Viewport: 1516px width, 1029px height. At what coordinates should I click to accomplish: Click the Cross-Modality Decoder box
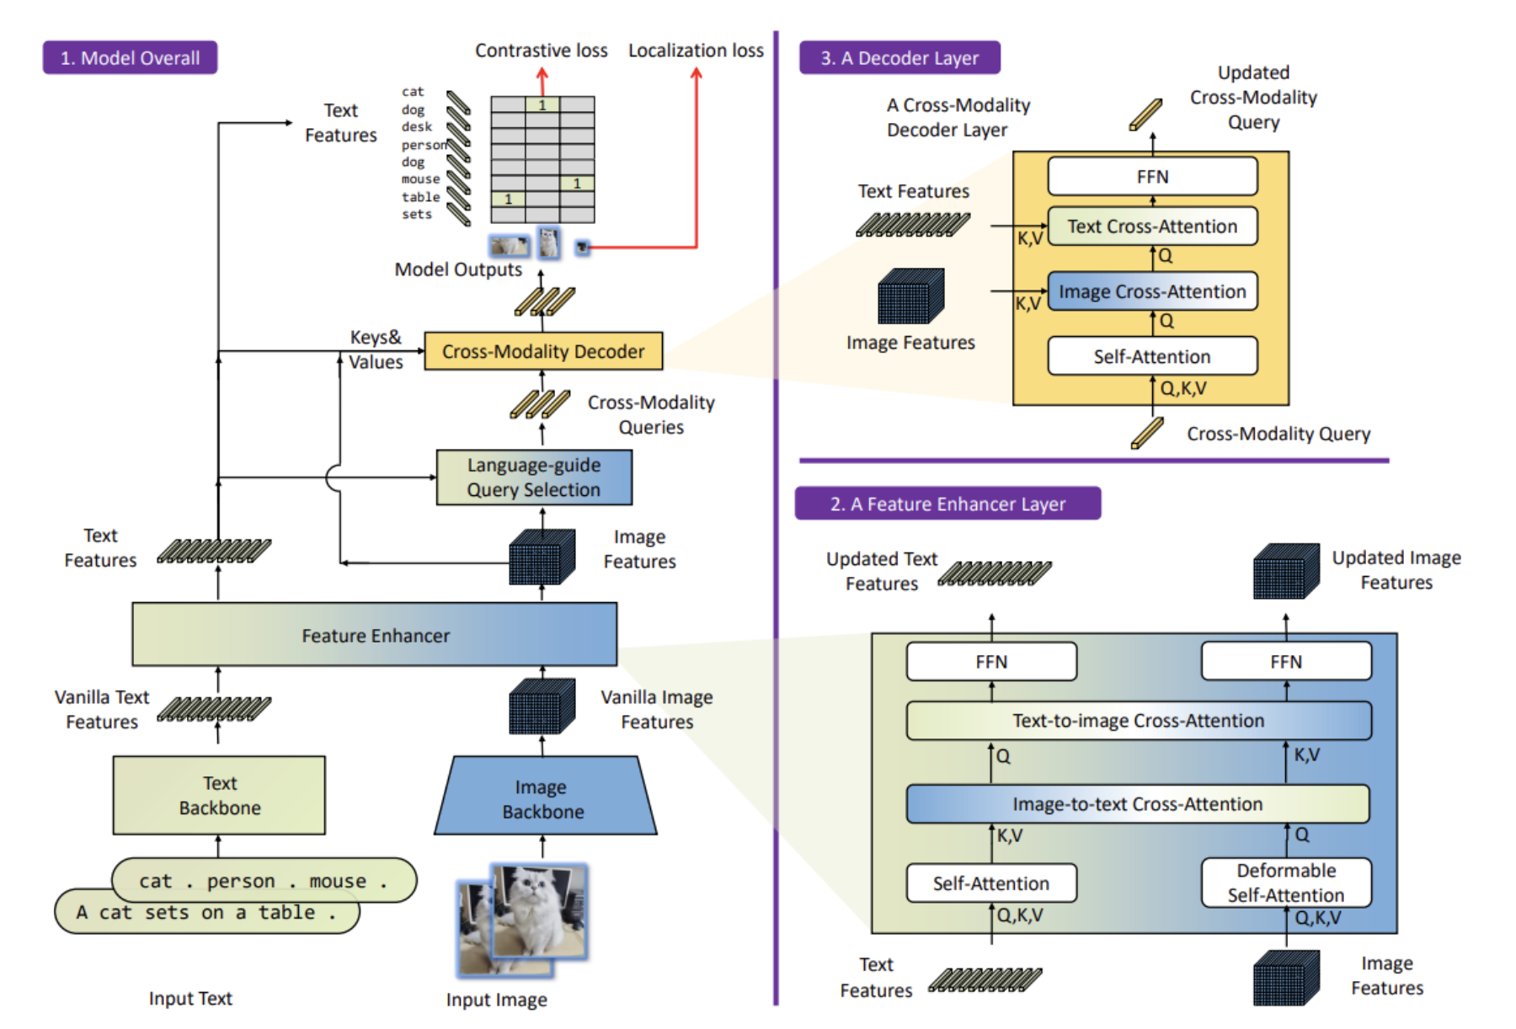(x=543, y=351)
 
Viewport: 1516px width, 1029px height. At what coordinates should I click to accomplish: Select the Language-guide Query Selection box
(x=534, y=477)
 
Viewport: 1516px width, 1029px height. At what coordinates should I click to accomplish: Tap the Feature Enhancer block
(x=375, y=634)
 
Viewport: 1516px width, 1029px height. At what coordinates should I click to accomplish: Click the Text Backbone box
(x=219, y=795)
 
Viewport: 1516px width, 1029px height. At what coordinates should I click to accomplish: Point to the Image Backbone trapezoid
(x=544, y=796)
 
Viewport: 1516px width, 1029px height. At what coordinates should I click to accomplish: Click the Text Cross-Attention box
(x=1152, y=227)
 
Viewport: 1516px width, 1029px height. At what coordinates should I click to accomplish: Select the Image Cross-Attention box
(x=1152, y=291)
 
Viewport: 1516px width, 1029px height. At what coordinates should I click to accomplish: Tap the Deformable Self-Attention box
(x=1286, y=882)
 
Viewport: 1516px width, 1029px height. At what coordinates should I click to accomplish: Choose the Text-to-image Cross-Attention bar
(x=1139, y=721)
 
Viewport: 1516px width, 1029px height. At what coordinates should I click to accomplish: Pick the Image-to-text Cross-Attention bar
(x=1138, y=804)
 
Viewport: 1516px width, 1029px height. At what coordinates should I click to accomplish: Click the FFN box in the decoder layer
(x=1152, y=176)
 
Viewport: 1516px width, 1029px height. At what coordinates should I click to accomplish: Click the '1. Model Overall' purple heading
(x=131, y=57)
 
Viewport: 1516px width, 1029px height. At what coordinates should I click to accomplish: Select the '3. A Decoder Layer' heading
(x=899, y=57)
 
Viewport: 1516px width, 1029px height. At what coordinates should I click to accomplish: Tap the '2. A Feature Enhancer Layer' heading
(x=947, y=504)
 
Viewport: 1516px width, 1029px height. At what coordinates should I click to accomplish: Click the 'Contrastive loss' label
(x=542, y=51)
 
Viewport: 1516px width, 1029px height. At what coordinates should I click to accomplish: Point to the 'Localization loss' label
(x=696, y=51)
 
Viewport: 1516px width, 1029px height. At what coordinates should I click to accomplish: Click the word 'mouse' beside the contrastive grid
(x=420, y=179)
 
